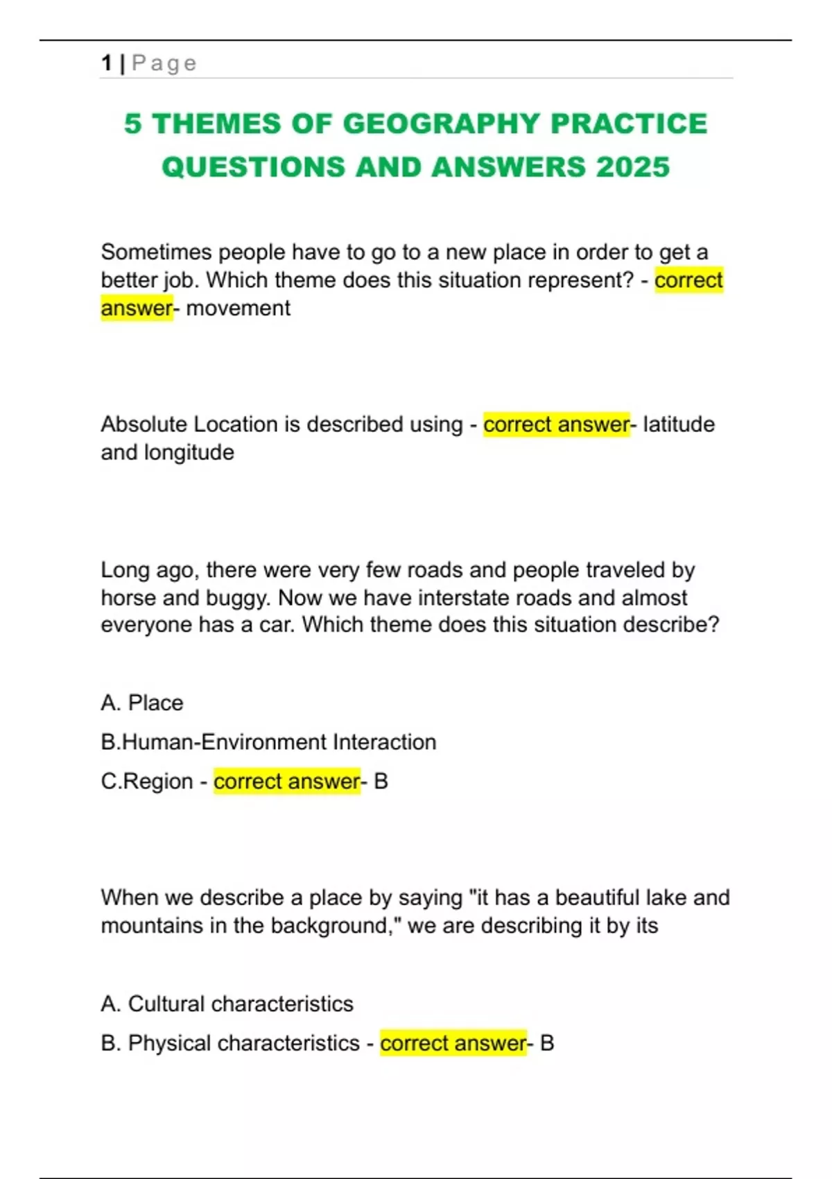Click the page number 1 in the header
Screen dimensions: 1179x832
[x=107, y=63]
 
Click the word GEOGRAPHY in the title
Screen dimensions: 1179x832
[x=441, y=124]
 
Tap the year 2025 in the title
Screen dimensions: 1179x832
[x=632, y=167]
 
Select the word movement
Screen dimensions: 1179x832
[x=238, y=308]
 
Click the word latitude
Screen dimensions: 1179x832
[x=678, y=424]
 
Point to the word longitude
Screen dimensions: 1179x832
[x=189, y=452]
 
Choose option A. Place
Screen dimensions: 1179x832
[x=142, y=703]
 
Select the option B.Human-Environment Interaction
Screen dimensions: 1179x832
[x=268, y=742]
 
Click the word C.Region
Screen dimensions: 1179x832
[x=147, y=782]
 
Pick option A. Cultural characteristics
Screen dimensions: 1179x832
[x=227, y=1004]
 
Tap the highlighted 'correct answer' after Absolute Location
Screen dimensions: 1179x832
[x=556, y=424]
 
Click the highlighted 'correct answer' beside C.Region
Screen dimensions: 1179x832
[x=286, y=782]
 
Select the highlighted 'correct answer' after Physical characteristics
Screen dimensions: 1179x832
[x=453, y=1043]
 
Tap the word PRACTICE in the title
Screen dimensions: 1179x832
[x=628, y=124]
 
